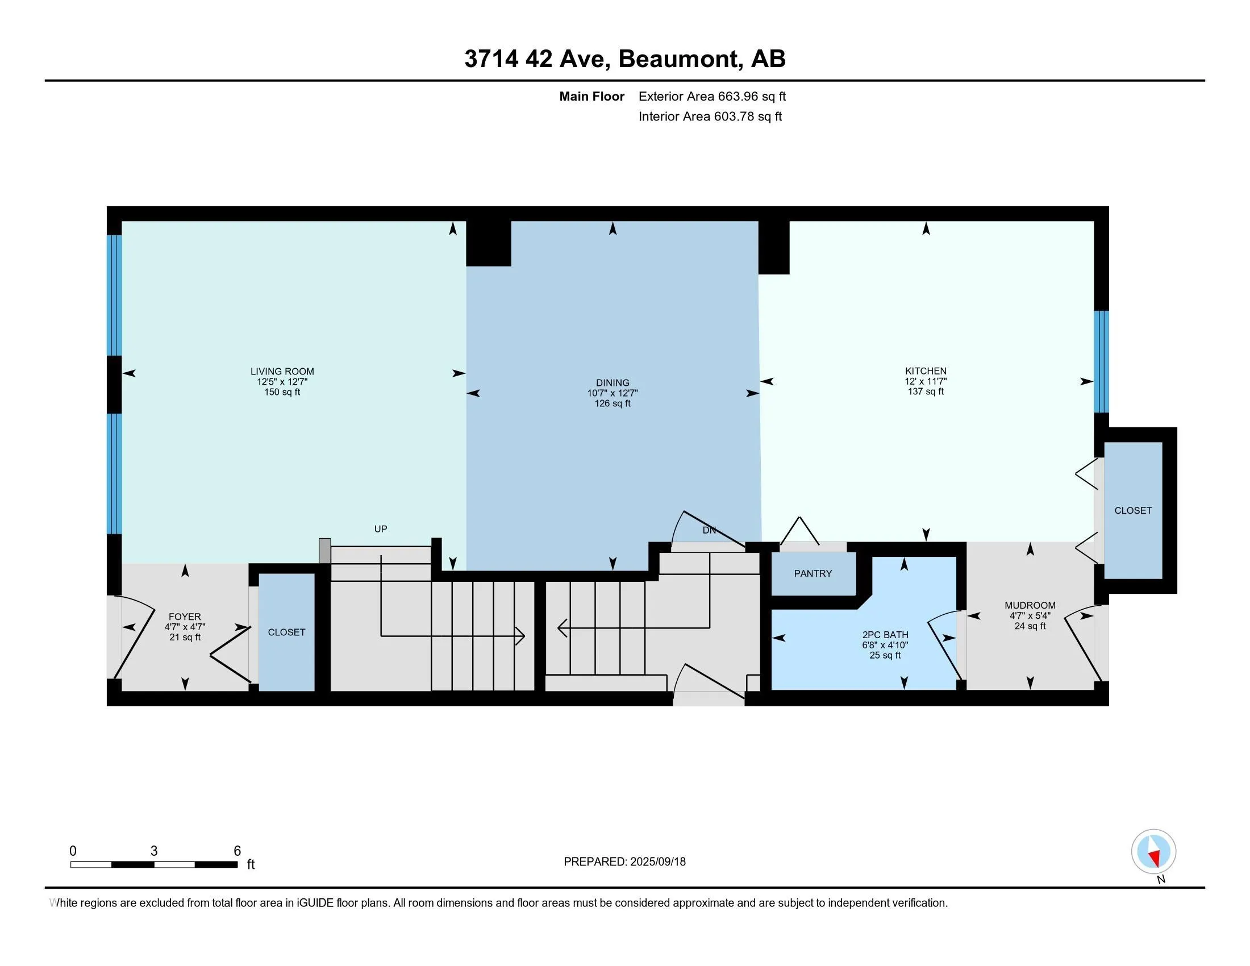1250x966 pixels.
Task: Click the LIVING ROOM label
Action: click(282, 372)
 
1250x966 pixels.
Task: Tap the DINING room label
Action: click(612, 383)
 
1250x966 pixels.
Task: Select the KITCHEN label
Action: click(926, 371)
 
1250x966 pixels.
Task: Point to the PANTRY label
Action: click(813, 573)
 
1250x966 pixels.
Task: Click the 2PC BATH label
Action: click(885, 635)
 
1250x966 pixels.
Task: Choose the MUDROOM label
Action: click(1030, 606)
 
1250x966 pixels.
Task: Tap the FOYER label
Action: click(184, 617)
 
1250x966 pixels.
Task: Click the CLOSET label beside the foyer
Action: click(286, 632)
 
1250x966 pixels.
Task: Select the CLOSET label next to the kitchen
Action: click(1132, 510)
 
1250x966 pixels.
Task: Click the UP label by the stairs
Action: click(381, 529)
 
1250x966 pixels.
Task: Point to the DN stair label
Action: click(709, 531)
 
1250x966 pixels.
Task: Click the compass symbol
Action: click(1153, 852)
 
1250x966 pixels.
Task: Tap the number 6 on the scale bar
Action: click(237, 851)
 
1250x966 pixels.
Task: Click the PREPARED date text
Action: click(624, 862)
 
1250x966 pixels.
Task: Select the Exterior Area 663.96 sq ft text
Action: click(712, 96)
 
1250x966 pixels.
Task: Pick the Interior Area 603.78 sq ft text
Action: click(710, 116)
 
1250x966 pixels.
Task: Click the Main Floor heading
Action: click(592, 96)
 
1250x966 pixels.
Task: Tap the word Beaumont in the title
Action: click(679, 59)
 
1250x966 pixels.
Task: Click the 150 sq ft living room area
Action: click(282, 392)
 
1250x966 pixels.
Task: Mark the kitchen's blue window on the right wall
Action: click(1101, 361)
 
